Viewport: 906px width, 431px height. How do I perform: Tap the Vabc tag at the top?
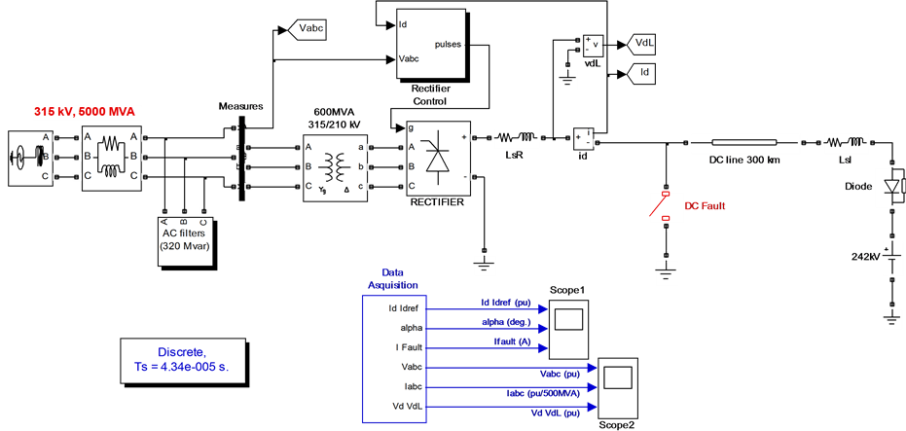tap(308, 30)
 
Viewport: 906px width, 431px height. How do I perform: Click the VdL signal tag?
tap(642, 44)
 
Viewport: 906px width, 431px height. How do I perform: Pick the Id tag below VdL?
tap(642, 72)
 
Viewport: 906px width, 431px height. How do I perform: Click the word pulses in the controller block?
tap(448, 44)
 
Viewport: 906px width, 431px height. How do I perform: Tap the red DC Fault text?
tap(706, 206)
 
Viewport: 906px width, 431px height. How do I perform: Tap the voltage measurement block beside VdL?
tap(590, 46)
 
